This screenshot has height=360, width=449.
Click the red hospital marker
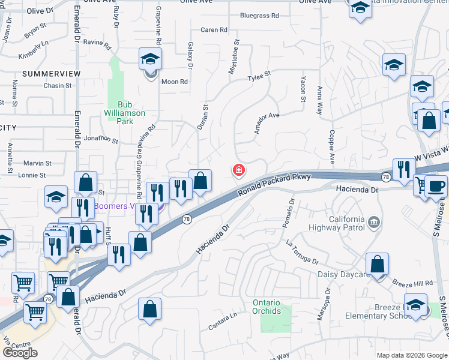pyautogui.click(x=239, y=172)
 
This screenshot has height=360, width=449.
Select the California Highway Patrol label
pyautogui.click(x=336, y=223)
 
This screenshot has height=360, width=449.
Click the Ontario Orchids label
pyautogui.click(x=267, y=307)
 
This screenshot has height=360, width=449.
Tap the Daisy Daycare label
pyautogui.click(x=343, y=275)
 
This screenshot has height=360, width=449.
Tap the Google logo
pyautogui.click(x=20, y=353)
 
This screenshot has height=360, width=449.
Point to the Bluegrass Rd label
pyautogui.click(x=259, y=16)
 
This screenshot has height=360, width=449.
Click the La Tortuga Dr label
pyautogui.click(x=302, y=252)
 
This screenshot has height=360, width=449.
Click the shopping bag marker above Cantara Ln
pyautogui.click(x=149, y=310)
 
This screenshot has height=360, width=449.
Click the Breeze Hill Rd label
pyautogui.click(x=412, y=283)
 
